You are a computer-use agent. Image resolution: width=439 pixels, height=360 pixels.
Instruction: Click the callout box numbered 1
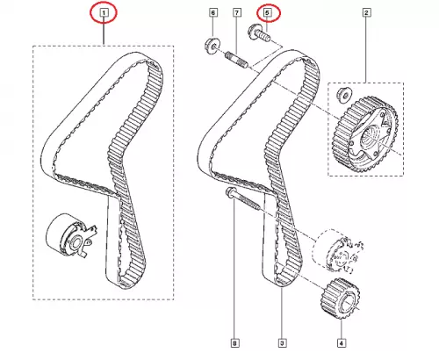104,12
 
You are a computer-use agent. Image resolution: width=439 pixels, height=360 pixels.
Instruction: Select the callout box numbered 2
366,12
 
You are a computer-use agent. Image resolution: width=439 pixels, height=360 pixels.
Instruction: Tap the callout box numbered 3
282,342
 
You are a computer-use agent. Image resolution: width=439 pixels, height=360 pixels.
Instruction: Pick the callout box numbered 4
342,342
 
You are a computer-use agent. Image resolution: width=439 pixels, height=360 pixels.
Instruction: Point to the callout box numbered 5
267,12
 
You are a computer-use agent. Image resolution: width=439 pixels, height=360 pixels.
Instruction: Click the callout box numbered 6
213,12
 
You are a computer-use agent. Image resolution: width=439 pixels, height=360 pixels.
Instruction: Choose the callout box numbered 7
237,12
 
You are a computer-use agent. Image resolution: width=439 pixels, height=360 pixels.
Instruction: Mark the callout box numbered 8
234,342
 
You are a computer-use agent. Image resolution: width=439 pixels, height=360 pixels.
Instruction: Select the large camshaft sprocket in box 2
365,134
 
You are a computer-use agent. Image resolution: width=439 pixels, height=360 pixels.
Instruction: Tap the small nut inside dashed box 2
345,95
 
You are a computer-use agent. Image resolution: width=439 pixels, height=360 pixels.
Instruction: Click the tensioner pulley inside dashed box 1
70,235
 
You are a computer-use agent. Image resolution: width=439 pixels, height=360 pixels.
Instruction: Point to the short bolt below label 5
259,34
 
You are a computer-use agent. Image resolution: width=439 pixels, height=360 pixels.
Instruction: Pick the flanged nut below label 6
211,47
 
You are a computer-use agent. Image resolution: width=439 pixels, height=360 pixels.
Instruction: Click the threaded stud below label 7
236,60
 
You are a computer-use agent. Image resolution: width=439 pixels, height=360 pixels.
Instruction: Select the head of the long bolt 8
229,193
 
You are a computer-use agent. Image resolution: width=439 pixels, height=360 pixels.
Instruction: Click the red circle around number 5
269,13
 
